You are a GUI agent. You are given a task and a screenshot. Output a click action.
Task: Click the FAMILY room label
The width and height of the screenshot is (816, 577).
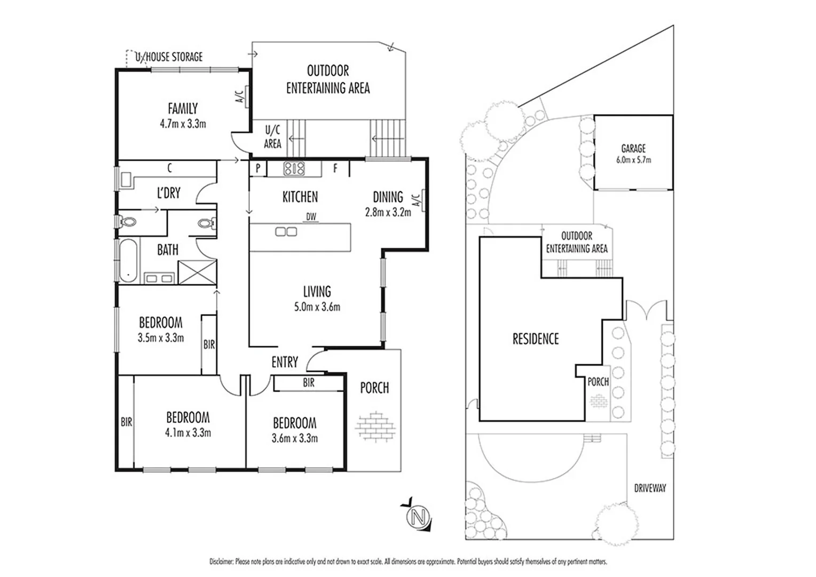pos(183,108)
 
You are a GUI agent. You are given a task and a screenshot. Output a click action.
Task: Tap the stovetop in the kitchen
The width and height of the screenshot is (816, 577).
pos(294,169)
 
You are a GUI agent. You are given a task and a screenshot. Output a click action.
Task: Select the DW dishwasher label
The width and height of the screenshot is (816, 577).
pos(311,217)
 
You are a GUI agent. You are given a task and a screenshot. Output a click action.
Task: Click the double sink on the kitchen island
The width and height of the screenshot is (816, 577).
pos(286,231)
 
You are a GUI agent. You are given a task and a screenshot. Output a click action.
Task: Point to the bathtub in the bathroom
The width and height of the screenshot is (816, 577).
pos(129,261)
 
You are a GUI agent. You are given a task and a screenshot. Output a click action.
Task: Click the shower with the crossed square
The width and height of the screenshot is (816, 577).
pos(198,272)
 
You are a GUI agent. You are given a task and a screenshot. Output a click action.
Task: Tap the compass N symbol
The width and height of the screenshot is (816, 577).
pos(419,517)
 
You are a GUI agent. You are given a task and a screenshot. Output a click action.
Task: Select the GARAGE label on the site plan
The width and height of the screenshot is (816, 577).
pos(633,149)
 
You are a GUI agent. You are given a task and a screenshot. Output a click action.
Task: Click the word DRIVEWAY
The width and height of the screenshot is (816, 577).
pos(650,488)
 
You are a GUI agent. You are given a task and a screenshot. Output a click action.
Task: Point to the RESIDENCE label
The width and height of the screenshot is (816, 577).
pos(536,339)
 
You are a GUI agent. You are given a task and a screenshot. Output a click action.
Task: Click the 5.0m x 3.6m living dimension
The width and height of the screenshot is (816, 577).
pos(317,307)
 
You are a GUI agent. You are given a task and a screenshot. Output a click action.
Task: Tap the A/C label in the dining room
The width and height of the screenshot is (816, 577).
pos(417,200)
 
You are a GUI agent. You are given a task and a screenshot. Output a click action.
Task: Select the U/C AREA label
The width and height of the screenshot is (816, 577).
pos(272,137)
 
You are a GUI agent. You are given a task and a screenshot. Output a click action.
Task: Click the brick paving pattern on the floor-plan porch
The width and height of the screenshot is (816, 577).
pos(375,426)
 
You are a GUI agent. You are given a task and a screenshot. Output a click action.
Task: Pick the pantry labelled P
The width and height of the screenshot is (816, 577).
pos(258,168)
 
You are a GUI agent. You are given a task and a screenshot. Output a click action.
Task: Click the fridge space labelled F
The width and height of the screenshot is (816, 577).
pos(335,168)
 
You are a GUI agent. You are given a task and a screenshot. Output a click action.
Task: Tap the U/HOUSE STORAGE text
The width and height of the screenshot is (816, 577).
pos(169,57)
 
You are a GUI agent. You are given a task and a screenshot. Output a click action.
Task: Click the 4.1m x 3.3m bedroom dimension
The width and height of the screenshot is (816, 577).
pos(188,433)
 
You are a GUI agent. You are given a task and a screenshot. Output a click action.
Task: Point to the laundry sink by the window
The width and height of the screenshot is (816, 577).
pos(127,180)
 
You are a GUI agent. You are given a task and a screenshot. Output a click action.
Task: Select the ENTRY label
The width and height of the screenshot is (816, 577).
pos(285,362)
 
